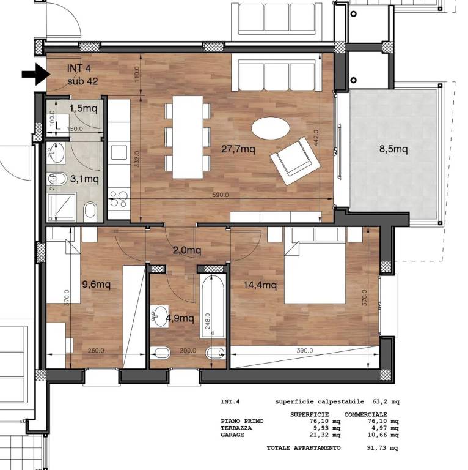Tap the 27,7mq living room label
tap(238, 149)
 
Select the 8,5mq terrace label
tap(393, 149)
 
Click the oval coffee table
tap(271, 128)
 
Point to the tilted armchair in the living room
tap(295, 161)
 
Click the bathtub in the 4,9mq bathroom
tap(212, 306)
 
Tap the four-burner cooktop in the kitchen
tap(119, 199)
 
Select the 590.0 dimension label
tap(221, 195)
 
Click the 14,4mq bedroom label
tap(260, 285)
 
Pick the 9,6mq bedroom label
tap(97, 283)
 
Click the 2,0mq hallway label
tap(187, 250)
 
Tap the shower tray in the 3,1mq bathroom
tap(62, 207)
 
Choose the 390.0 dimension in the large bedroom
tap(305, 350)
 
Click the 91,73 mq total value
tap(382, 448)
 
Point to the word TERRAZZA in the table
tap(236, 428)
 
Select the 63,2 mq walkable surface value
tap(386, 401)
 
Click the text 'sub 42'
tap(82, 81)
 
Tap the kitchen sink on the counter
tap(119, 152)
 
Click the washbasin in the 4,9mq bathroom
tap(159, 316)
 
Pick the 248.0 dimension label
tap(208, 321)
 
